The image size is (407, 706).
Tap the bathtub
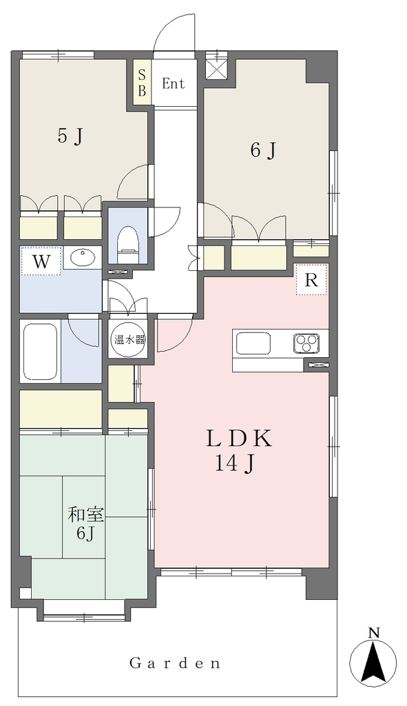tap(41, 351)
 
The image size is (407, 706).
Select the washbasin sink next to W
tap(83, 258)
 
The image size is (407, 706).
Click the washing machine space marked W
tap(41, 261)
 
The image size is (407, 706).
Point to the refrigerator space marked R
tap(311, 280)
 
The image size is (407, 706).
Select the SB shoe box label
tap(142, 83)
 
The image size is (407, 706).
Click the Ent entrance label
tap(174, 83)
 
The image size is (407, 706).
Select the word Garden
tap(176, 663)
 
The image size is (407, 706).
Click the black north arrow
tap(373, 661)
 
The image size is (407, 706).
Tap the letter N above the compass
tap(373, 633)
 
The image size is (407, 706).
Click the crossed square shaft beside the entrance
tap(217, 69)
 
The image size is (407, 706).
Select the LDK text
tap(239, 439)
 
